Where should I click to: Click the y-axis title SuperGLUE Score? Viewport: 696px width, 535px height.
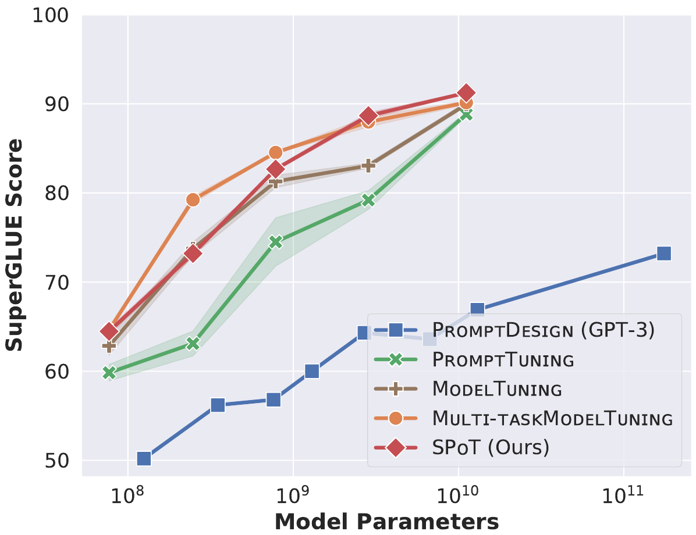16,244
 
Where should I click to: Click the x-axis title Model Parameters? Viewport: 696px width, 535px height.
386,521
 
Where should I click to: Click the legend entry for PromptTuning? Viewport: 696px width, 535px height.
503,360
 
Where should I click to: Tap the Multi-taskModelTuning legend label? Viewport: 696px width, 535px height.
552,419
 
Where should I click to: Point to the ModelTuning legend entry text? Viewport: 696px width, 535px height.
497,389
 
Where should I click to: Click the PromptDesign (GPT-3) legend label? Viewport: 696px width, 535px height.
544,331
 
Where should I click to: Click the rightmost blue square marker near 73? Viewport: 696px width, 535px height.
664,254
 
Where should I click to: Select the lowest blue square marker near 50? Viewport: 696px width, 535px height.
144,459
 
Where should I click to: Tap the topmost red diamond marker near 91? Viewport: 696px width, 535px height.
466,93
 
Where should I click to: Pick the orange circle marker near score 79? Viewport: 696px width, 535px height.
193,200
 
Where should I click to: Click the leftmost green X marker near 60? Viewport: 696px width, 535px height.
109,373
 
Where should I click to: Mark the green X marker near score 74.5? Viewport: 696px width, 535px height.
276,242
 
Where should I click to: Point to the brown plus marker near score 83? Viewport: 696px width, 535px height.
368,166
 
